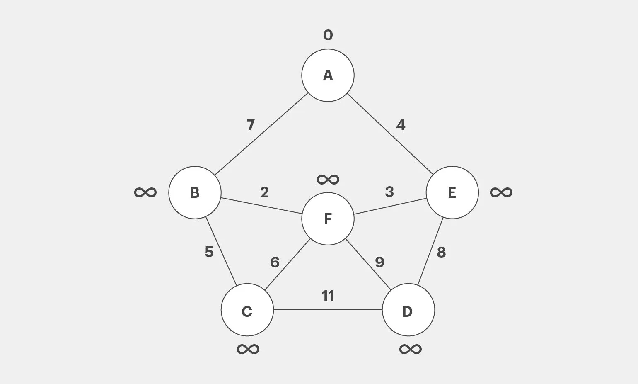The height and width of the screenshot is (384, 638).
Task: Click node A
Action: pos(328,75)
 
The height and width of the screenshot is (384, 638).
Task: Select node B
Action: pos(195,192)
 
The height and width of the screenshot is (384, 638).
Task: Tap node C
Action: pos(247,310)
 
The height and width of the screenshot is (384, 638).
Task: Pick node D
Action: pos(408,310)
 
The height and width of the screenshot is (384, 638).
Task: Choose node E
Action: pos(452,192)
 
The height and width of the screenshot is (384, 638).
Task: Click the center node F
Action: pos(328,219)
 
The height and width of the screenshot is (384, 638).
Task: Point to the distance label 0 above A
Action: pos(328,35)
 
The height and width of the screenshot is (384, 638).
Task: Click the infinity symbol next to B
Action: pos(145,192)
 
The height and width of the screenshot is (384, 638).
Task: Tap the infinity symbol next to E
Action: pos(501,192)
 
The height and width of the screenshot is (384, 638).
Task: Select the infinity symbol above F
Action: pos(328,179)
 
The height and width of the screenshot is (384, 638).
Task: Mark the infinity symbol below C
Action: pos(248,349)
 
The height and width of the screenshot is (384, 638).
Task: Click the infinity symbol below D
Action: pos(410,349)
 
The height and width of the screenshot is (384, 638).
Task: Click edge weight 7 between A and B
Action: pos(250,125)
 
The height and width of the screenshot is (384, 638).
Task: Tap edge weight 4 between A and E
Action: pos(401,125)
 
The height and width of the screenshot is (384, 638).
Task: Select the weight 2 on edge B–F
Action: pos(264,192)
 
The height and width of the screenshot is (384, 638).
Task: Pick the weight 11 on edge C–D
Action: pos(328,296)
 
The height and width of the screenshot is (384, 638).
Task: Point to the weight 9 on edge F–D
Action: pos(379,262)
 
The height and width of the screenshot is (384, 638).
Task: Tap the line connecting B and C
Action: pos(221,251)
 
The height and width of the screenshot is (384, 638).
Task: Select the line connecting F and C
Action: pos(288,264)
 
